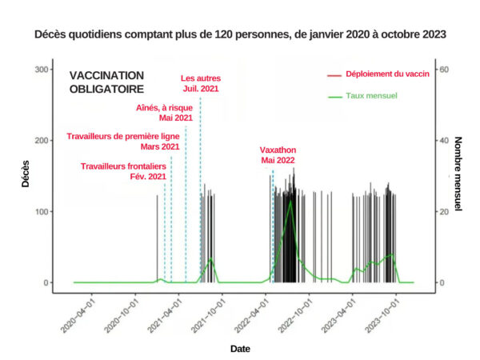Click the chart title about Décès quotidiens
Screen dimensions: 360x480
pyautogui.click(x=240, y=35)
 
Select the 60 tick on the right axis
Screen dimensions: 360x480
pyautogui.click(x=442, y=70)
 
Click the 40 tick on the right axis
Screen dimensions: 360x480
pyautogui.click(x=442, y=141)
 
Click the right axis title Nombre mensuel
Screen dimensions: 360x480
pyautogui.click(x=458, y=176)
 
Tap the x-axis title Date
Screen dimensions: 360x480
pyautogui.click(x=240, y=349)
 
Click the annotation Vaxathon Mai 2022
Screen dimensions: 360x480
pyautogui.click(x=278, y=155)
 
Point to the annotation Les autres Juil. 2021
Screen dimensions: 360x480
pyautogui.click(x=200, y=83)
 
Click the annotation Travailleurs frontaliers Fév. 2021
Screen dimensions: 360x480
pyautogui.click(x=124, y=170)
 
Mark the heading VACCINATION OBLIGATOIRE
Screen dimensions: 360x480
pyautogui.click(x=106, y=82)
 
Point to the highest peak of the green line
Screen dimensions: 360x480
pyautogui.click(x=290, y=199)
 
